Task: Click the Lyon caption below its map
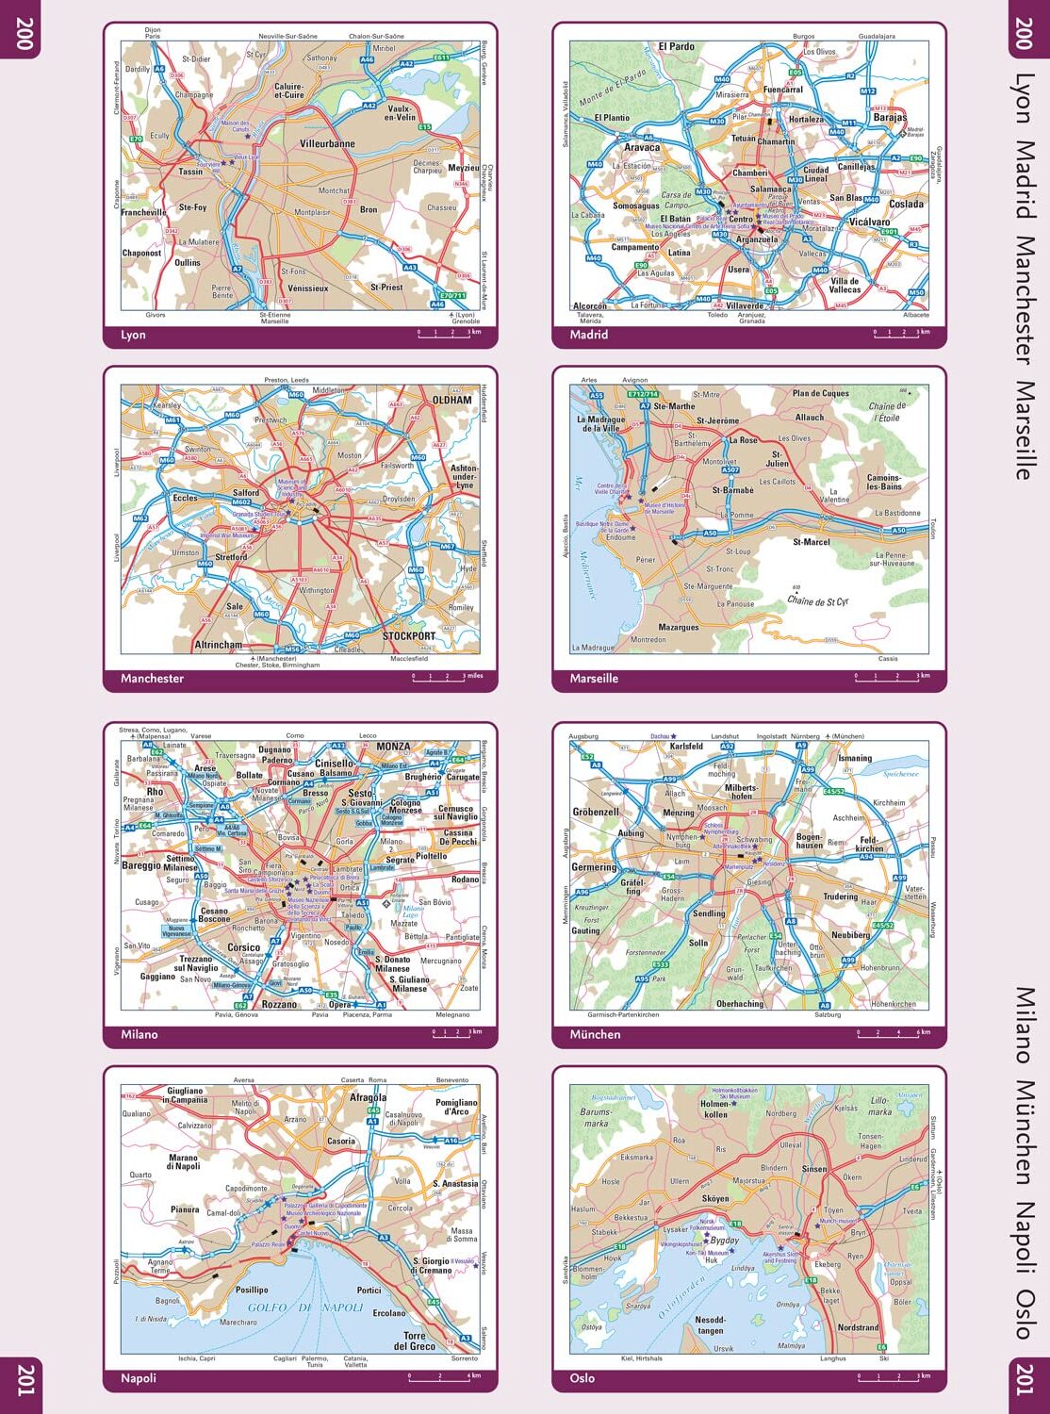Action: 133,336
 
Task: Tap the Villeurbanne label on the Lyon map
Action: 327,144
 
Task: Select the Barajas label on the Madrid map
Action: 889,118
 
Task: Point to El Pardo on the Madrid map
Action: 676,46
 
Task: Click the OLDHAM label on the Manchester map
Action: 451,400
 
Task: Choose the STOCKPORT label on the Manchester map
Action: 409,636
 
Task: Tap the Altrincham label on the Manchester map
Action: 218,646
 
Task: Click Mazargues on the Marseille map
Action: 679,628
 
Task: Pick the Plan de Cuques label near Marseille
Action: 820,394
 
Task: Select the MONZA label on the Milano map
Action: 393,747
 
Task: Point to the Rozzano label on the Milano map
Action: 280,1005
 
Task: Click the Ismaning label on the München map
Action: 855,758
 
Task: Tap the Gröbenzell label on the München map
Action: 596,812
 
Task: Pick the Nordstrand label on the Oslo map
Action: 858,1328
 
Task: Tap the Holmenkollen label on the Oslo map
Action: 715,1109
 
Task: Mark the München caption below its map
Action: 595,1035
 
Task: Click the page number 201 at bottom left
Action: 24,1380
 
